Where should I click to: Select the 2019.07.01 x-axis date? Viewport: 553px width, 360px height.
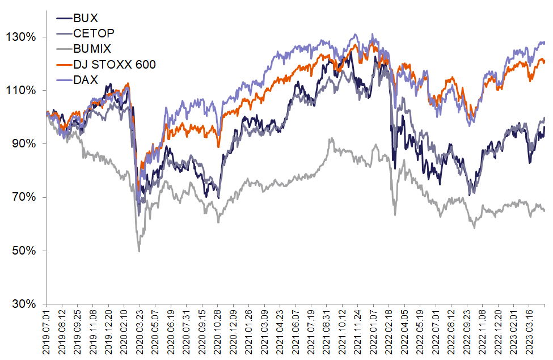coord(48,332)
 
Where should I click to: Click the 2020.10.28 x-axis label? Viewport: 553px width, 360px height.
coord(218,332)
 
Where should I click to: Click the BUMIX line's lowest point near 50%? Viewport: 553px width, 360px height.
coord(139,251)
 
